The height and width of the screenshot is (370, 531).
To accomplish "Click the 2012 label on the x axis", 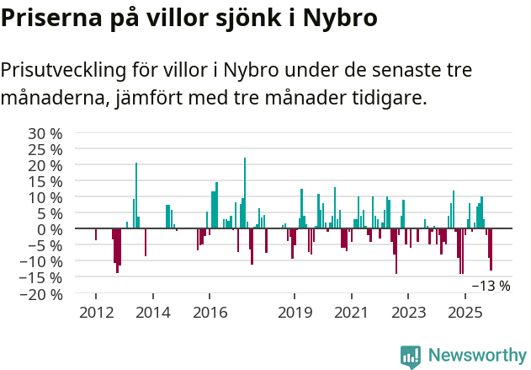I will click(x=95, y=313).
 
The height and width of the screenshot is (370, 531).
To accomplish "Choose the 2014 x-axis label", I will click(x=152, y=313).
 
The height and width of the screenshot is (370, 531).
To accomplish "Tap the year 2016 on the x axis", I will click(x=210, y=313).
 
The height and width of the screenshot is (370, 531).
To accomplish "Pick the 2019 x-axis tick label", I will click(x=295, y=313).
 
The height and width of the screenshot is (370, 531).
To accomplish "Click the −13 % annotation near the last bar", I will click(x=491, y=286).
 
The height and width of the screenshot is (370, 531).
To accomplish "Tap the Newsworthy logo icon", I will click(x=411, y=357).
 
